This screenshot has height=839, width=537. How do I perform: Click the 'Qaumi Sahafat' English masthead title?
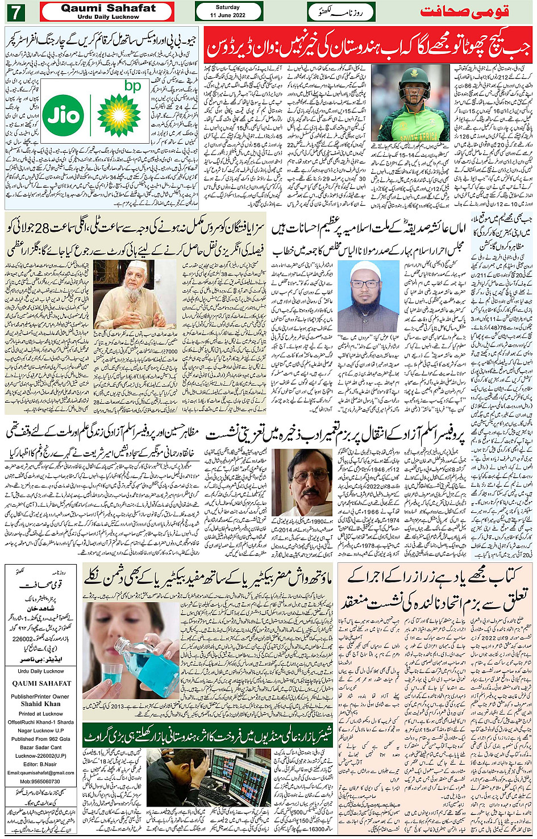click(108, 8)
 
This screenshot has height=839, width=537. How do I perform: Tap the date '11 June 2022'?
click(227, 15)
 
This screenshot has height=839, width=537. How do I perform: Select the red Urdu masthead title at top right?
click(464, 11)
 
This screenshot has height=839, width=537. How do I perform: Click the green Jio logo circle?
click(63, 115)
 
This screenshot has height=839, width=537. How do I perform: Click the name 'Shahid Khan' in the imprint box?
click(41, 704)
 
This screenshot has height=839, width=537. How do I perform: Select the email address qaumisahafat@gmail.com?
click(41, 773)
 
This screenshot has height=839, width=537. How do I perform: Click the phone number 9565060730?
click(41, 781)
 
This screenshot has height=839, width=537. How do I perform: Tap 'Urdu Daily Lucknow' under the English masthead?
click(108, 17)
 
